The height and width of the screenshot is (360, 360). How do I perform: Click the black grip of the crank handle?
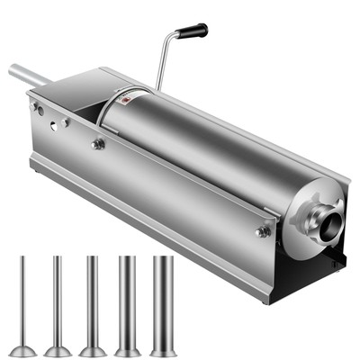(191, 31)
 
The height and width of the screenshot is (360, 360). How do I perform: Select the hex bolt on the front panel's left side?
(98, 144)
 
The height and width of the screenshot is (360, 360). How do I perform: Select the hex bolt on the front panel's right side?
(263, 231)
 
